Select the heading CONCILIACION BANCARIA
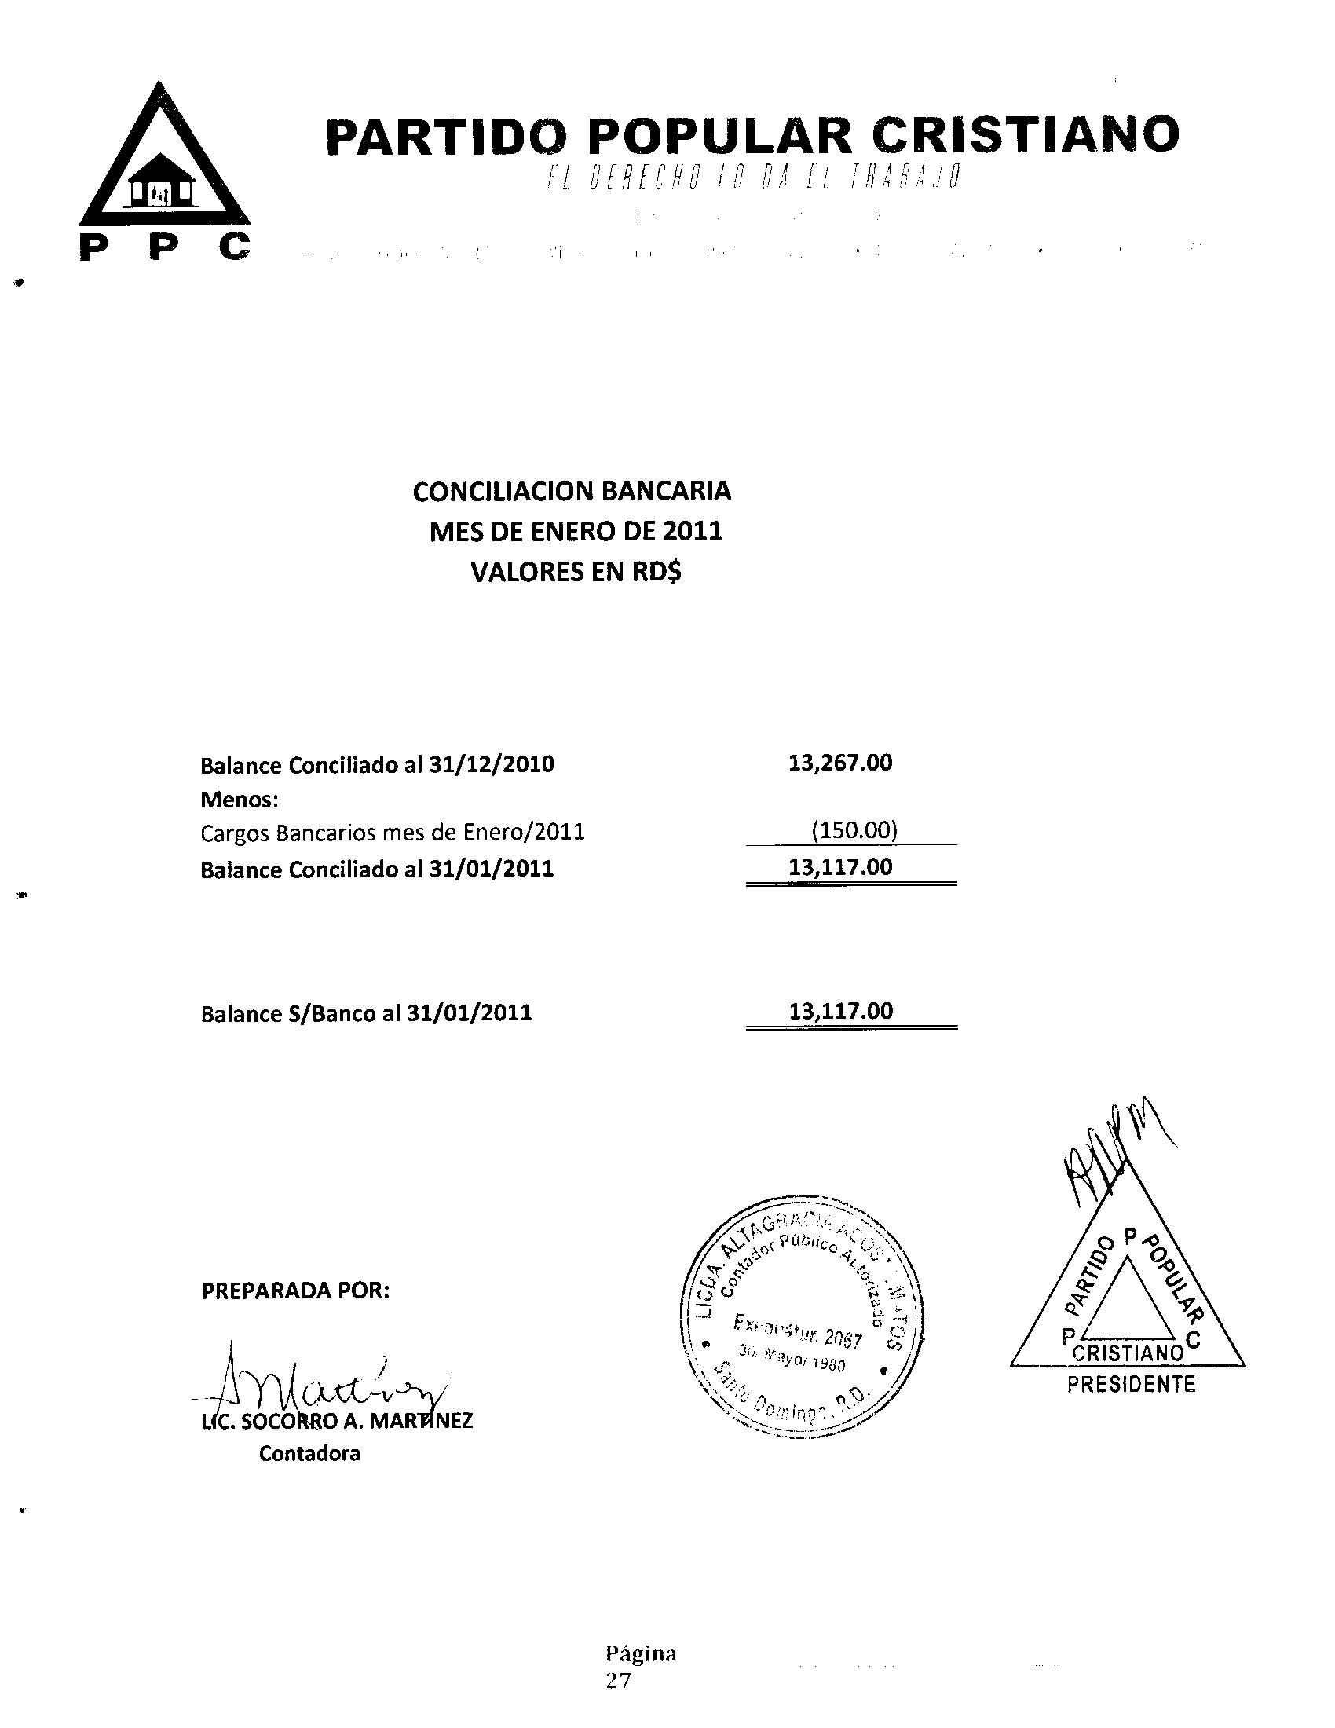click(x=572, y=492)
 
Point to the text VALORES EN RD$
click(x=576, y=571)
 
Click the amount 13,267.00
click(x=840, y=763)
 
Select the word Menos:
click(x=240, y=800)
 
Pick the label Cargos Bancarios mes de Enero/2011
click(x=393, y=833)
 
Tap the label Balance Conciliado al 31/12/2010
click(x=377, y=765)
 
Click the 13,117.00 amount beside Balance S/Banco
click(x=841, y=1010)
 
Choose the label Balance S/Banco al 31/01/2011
click(x=366, y=1013)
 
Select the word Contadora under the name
click(x=309, y=1453)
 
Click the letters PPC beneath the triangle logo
click(x=165, y=248)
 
